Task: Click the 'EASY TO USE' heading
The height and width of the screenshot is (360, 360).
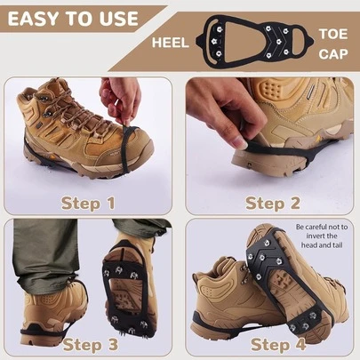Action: [x=72, y=18]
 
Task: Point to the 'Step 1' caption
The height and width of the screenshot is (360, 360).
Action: [x=88, y=204]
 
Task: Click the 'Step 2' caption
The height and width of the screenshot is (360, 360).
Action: [x=272, y=204]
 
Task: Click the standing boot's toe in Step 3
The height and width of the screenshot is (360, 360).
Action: [x=71, y=307]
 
